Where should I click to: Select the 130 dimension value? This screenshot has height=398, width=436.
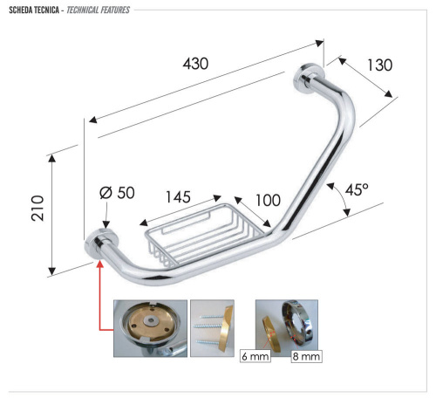point(379,65)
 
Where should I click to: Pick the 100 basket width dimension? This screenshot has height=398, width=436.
point(268,201)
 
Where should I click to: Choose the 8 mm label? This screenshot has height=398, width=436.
point(303,357)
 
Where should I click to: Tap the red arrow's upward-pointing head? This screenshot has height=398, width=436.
point(102,262)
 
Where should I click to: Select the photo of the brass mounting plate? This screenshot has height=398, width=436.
point(150,328)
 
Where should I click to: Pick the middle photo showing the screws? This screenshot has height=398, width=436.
point(212,328)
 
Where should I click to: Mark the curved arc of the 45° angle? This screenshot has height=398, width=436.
point(344,201)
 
